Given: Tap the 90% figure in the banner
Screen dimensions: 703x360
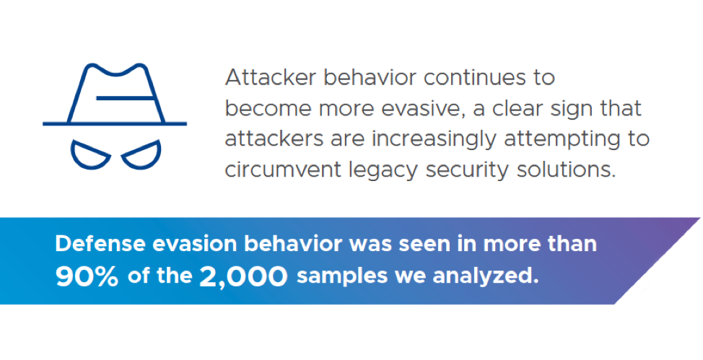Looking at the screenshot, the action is click(87, 278).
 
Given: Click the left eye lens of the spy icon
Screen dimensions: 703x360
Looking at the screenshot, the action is click(90, 154).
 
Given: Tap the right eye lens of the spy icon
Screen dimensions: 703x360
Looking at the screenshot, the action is click(141, 154).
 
